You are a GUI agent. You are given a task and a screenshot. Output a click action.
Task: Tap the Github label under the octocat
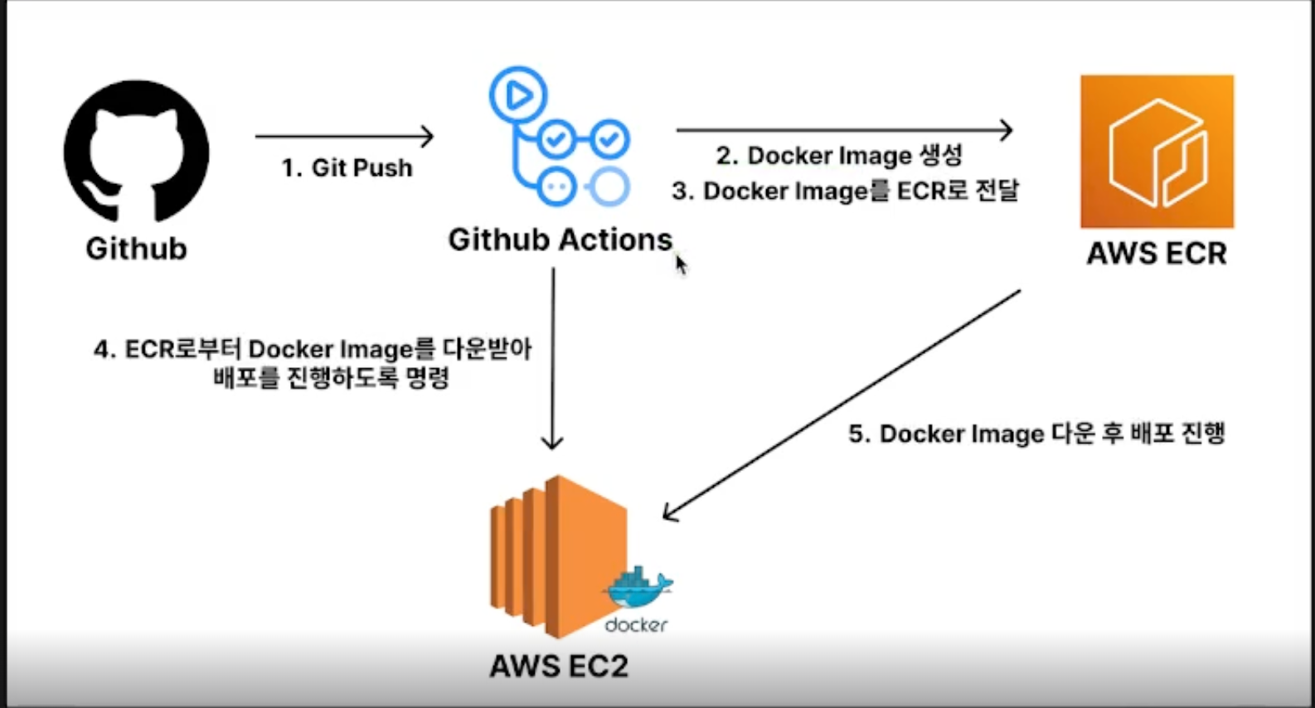pos(136,249)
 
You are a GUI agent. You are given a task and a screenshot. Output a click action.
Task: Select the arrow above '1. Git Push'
pos(344,136)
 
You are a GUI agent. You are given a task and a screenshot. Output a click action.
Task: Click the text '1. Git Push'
pos(347,168)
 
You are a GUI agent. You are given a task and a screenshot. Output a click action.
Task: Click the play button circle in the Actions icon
pos(518,95)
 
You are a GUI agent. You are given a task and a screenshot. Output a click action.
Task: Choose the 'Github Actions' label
pos(560,240)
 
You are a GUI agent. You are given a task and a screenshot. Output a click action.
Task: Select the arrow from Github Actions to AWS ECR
pos(844,130)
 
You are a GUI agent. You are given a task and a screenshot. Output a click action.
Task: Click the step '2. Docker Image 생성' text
pos(839,156)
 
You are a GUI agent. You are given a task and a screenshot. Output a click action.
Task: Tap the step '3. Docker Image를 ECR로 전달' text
pos(845,192)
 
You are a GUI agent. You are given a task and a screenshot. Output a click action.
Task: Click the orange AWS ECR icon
pos(1157,152)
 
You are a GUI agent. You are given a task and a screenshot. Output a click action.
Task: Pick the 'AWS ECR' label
pos(1157,254)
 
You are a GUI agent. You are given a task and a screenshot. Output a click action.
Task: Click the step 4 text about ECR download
pos(313,363)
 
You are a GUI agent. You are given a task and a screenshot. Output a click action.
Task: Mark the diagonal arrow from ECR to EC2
pos(842,405)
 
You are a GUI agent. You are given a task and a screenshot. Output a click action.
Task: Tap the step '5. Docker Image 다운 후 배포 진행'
pos(1036,434)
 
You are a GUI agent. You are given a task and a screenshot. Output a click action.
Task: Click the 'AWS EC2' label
pos(559,666)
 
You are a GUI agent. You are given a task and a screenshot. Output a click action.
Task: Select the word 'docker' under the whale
pos(636,625)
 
